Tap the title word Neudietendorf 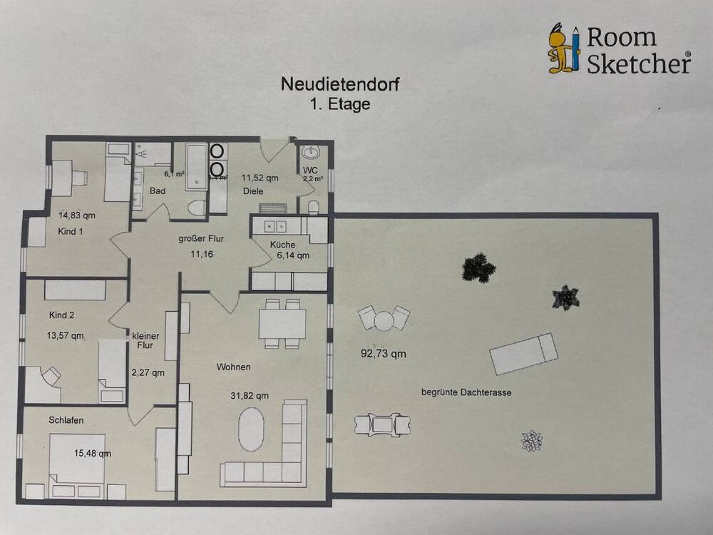(341, 85)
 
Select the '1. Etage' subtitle (341, 103)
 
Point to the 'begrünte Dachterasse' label (466, 392)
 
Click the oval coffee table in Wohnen (251, 429)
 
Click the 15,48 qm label (93, 453)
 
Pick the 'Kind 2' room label (62, 315)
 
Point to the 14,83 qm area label (76, 215)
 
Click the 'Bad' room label (158, 191)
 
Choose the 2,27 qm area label (148, 372)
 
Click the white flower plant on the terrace (531, 441)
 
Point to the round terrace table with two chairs (384, 318)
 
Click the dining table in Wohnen (282, 323)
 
